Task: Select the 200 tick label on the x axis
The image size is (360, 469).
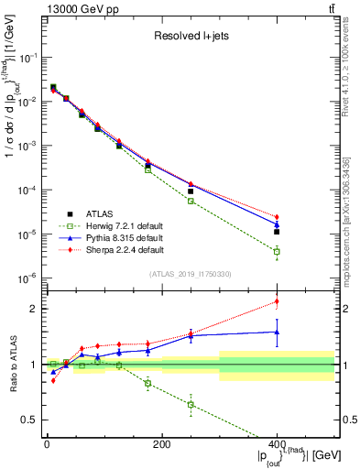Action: point(161,444)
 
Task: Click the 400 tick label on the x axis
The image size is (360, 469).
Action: point(277,444)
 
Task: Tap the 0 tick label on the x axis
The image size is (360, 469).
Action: point(47,444)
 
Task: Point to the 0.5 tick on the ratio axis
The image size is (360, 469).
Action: point(35,420)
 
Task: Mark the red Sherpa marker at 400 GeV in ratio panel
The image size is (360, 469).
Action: point(277,301)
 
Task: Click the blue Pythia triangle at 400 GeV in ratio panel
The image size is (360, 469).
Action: point(277,333)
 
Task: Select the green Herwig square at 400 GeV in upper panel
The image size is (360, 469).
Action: point(277,251)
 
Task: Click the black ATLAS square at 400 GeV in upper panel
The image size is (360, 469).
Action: point(277,232)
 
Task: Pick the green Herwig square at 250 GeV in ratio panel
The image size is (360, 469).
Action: point(191,404)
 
